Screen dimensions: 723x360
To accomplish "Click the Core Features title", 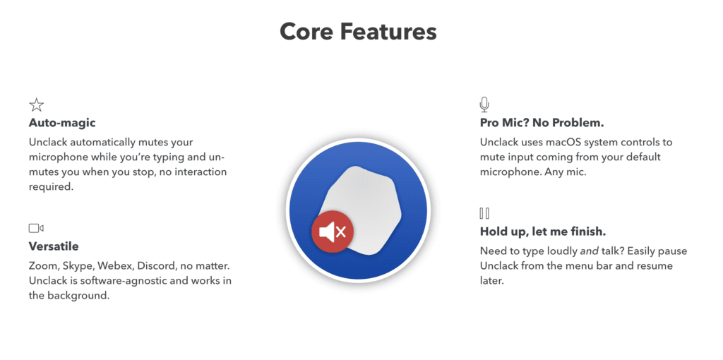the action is pos(358,32).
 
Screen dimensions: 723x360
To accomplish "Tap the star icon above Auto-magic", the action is pos(37,105).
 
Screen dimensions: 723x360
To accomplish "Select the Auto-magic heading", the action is pos(62,123).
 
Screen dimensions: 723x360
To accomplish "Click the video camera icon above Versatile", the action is pos(36,228).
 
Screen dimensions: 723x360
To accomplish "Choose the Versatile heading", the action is pos(54,246).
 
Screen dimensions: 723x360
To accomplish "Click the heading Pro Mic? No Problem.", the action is pos(542,123).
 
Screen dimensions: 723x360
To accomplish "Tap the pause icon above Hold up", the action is pos(484,213).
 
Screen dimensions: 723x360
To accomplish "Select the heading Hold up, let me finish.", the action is pos(543,231).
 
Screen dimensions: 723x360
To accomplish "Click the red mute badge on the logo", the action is pos(333,232).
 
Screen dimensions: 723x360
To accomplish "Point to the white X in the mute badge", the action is pos(341,232).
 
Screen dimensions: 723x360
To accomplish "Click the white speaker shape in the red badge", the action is pos(326,232).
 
